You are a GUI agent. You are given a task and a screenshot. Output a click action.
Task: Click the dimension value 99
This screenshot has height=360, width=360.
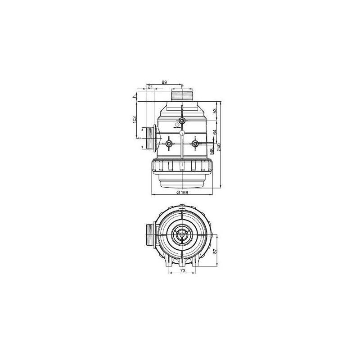[x=164, y=82]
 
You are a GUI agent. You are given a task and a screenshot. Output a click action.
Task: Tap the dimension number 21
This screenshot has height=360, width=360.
[x=150, y=86]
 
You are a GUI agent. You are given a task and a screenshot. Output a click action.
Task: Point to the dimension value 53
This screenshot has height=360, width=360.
[x=215, y=110]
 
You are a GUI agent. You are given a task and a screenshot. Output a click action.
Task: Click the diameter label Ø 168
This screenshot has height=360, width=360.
[x=182, y=192]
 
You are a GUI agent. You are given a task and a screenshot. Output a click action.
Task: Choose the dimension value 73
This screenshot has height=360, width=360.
[x=183, y=271]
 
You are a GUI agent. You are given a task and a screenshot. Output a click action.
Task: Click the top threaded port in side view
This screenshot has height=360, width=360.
[x=182, y=95]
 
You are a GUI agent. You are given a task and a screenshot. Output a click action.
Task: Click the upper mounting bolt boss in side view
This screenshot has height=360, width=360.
[x=182, y=121]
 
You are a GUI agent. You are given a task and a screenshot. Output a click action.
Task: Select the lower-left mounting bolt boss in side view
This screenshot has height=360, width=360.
[x=169, y=144]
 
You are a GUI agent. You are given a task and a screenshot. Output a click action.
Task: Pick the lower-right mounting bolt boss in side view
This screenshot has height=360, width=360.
[x=195, y=144]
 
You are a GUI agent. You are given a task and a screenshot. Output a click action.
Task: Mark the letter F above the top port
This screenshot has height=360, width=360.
[x=182, y=85]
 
